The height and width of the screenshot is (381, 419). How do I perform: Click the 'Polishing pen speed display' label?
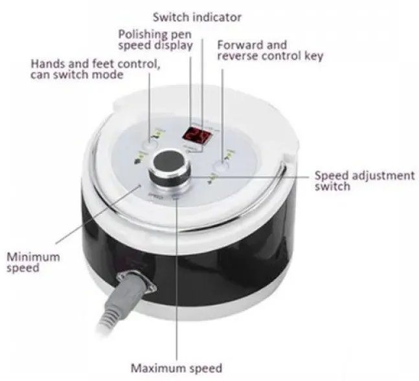[x=155, y=39]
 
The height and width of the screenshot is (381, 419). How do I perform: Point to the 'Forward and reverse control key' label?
[x=269, y=50]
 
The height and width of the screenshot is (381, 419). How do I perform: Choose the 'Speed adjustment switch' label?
[x=364, y=180]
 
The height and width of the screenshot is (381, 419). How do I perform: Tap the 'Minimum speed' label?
[x=33, y=261]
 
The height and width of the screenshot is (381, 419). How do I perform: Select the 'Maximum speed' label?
[x=176, y=368]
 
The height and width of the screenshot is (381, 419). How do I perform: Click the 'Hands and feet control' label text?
[x=95, y=69]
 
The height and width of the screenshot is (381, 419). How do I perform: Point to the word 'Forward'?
[x=241, y=45]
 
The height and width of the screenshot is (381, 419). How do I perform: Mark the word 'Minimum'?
[x=33, y=256]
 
